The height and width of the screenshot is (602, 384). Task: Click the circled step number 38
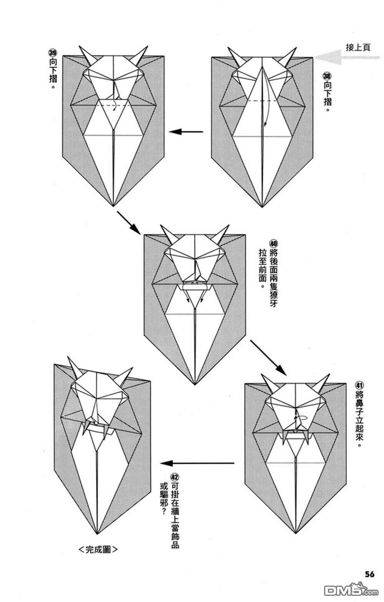327,76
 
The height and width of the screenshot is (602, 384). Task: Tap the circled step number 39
52,52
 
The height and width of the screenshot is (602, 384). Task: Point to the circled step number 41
360,386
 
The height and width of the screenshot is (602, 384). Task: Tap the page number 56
369,574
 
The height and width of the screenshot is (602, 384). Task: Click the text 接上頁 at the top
358,48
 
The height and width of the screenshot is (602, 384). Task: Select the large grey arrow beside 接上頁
347,57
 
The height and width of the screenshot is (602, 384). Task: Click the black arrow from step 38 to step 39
186,132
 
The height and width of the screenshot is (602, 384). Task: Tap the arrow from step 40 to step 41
268,357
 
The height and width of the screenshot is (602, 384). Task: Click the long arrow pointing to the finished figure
197,463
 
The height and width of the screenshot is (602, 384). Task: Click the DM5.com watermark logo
351,590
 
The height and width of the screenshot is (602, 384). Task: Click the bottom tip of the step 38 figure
262,207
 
